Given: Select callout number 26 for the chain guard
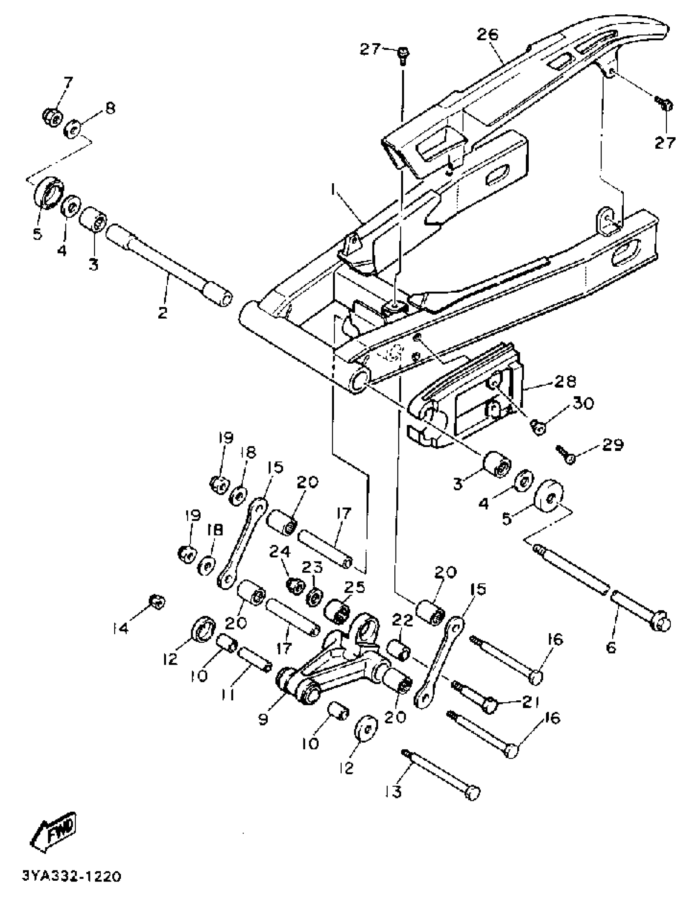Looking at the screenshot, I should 487,35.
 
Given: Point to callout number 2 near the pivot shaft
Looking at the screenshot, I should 162,313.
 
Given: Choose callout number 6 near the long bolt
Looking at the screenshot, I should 611,648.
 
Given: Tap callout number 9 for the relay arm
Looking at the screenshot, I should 263,718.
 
